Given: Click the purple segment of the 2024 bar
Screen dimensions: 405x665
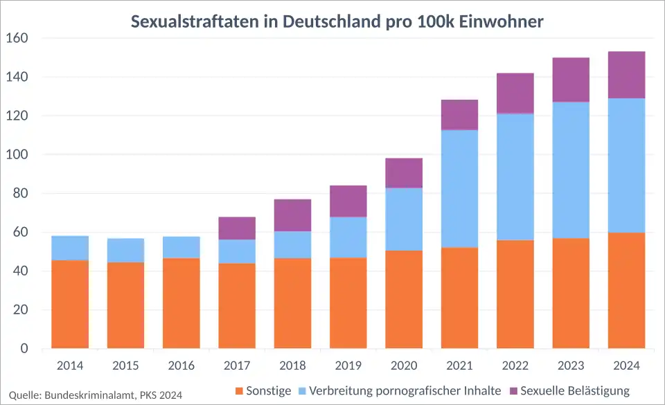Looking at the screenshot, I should tap(626, 75).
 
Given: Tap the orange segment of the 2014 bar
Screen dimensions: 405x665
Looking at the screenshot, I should tap(70, 304).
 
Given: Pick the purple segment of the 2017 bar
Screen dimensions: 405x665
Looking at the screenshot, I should tap(237, 228).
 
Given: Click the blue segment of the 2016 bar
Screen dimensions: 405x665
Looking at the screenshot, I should tap(181, 247).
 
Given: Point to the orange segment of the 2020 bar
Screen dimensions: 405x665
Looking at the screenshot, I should tap(404, 299).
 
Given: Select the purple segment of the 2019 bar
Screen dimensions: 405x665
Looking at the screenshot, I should tap(348, 201).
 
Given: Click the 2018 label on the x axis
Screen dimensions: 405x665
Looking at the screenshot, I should tap(292, 366).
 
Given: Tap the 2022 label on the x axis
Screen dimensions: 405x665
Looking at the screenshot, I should tap(515, 366).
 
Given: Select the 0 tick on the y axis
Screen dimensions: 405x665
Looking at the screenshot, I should tap(24, 349).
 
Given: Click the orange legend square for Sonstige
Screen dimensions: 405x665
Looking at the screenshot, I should tap(240, 392).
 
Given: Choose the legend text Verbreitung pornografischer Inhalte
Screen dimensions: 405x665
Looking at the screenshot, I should tap(405, 391).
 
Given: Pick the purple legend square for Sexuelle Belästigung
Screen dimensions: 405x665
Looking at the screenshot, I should tap(513, 392).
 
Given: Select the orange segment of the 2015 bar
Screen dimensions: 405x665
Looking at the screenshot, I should tap(125, 305).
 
